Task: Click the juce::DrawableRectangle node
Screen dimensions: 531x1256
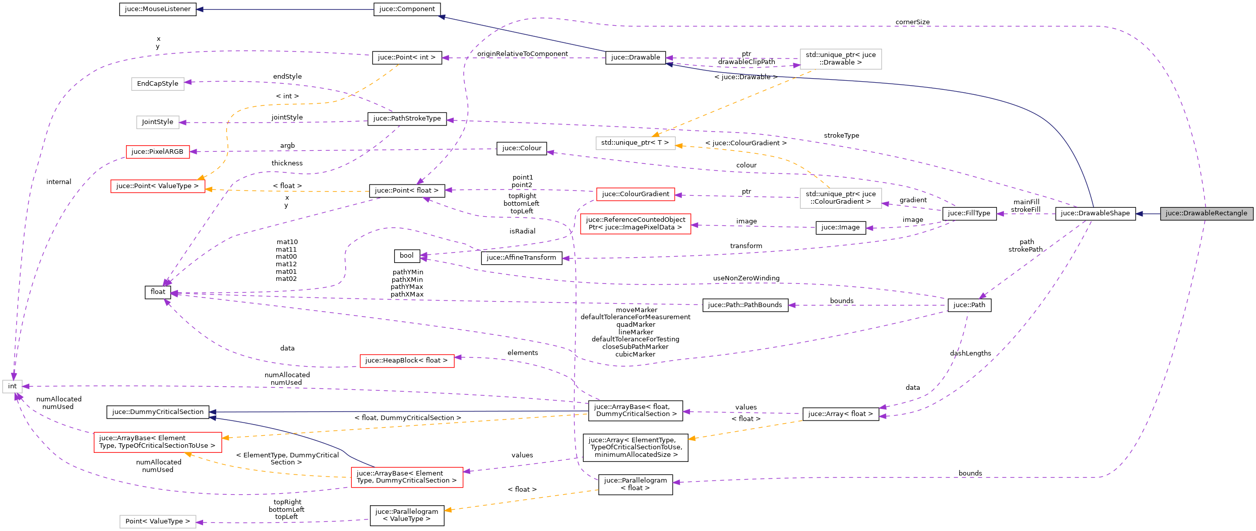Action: (1206, 213)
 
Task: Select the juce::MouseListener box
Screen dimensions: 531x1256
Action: (158, 9)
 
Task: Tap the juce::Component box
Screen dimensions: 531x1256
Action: (407, 9)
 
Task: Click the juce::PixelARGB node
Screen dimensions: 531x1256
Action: (157, 152)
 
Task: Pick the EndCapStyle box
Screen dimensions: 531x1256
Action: (157, 84)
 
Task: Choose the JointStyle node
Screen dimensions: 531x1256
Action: (157, 122)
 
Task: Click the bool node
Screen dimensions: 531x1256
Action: (406, 256)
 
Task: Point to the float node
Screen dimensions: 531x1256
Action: (157, 292)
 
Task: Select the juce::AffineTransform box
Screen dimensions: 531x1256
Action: (521, 258)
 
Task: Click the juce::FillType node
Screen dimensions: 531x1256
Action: (969, 213)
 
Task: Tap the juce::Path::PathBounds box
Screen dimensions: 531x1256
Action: (745, 305)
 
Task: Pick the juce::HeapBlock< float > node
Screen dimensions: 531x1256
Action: (406, 361)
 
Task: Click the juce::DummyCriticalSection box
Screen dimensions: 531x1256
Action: (158, 412)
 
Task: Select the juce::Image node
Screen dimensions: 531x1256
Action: (840, 227)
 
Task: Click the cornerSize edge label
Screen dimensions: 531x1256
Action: (912, 22)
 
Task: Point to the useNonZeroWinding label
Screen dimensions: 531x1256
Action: (746, 278)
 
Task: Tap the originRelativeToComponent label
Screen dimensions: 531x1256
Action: (522, 54)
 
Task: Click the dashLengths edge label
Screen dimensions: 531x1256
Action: (970, 353)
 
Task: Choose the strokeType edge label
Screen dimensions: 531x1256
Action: (841, 136)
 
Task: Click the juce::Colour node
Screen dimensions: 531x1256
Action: (521, 148)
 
